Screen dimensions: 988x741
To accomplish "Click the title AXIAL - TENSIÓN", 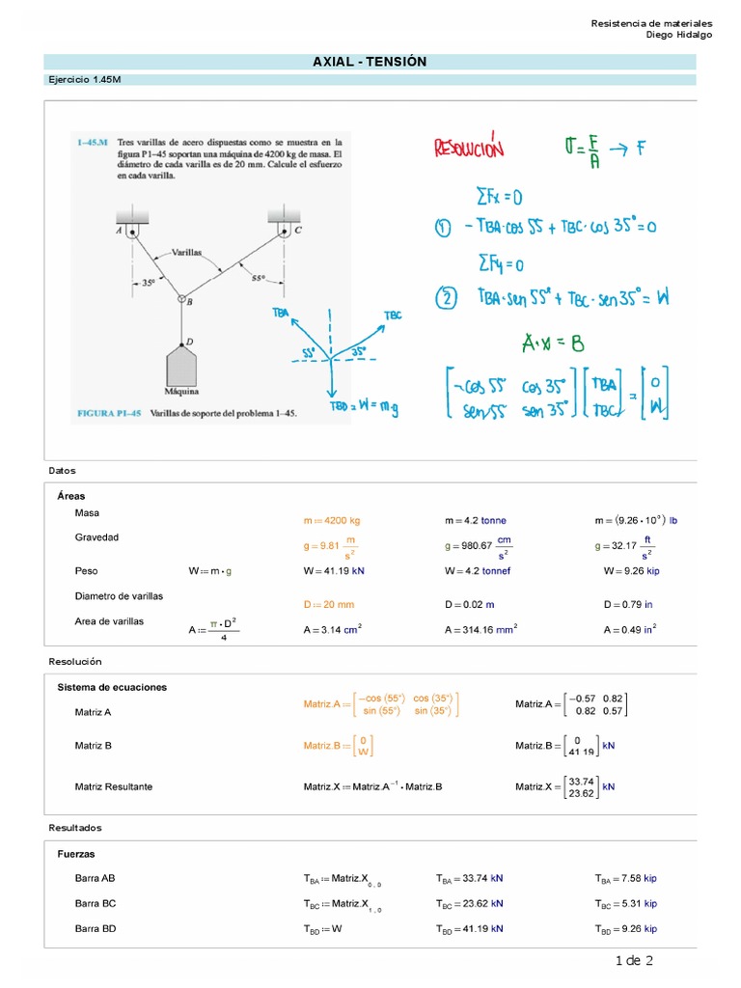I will (370, 62).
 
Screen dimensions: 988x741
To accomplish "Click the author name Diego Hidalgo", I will (679, 35).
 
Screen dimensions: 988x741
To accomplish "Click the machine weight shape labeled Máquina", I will (181, 366).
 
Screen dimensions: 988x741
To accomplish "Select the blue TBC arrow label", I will (392, 316).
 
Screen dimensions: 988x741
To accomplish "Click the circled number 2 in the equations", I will (445, 299).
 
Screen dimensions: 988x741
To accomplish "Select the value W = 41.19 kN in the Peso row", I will (333, 571).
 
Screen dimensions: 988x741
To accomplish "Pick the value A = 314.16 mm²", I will (481, 630).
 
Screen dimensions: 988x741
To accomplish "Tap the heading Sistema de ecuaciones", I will (112, 687).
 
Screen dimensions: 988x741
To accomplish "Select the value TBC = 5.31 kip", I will (625, 904).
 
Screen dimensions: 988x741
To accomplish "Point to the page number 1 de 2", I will (634, 960).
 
